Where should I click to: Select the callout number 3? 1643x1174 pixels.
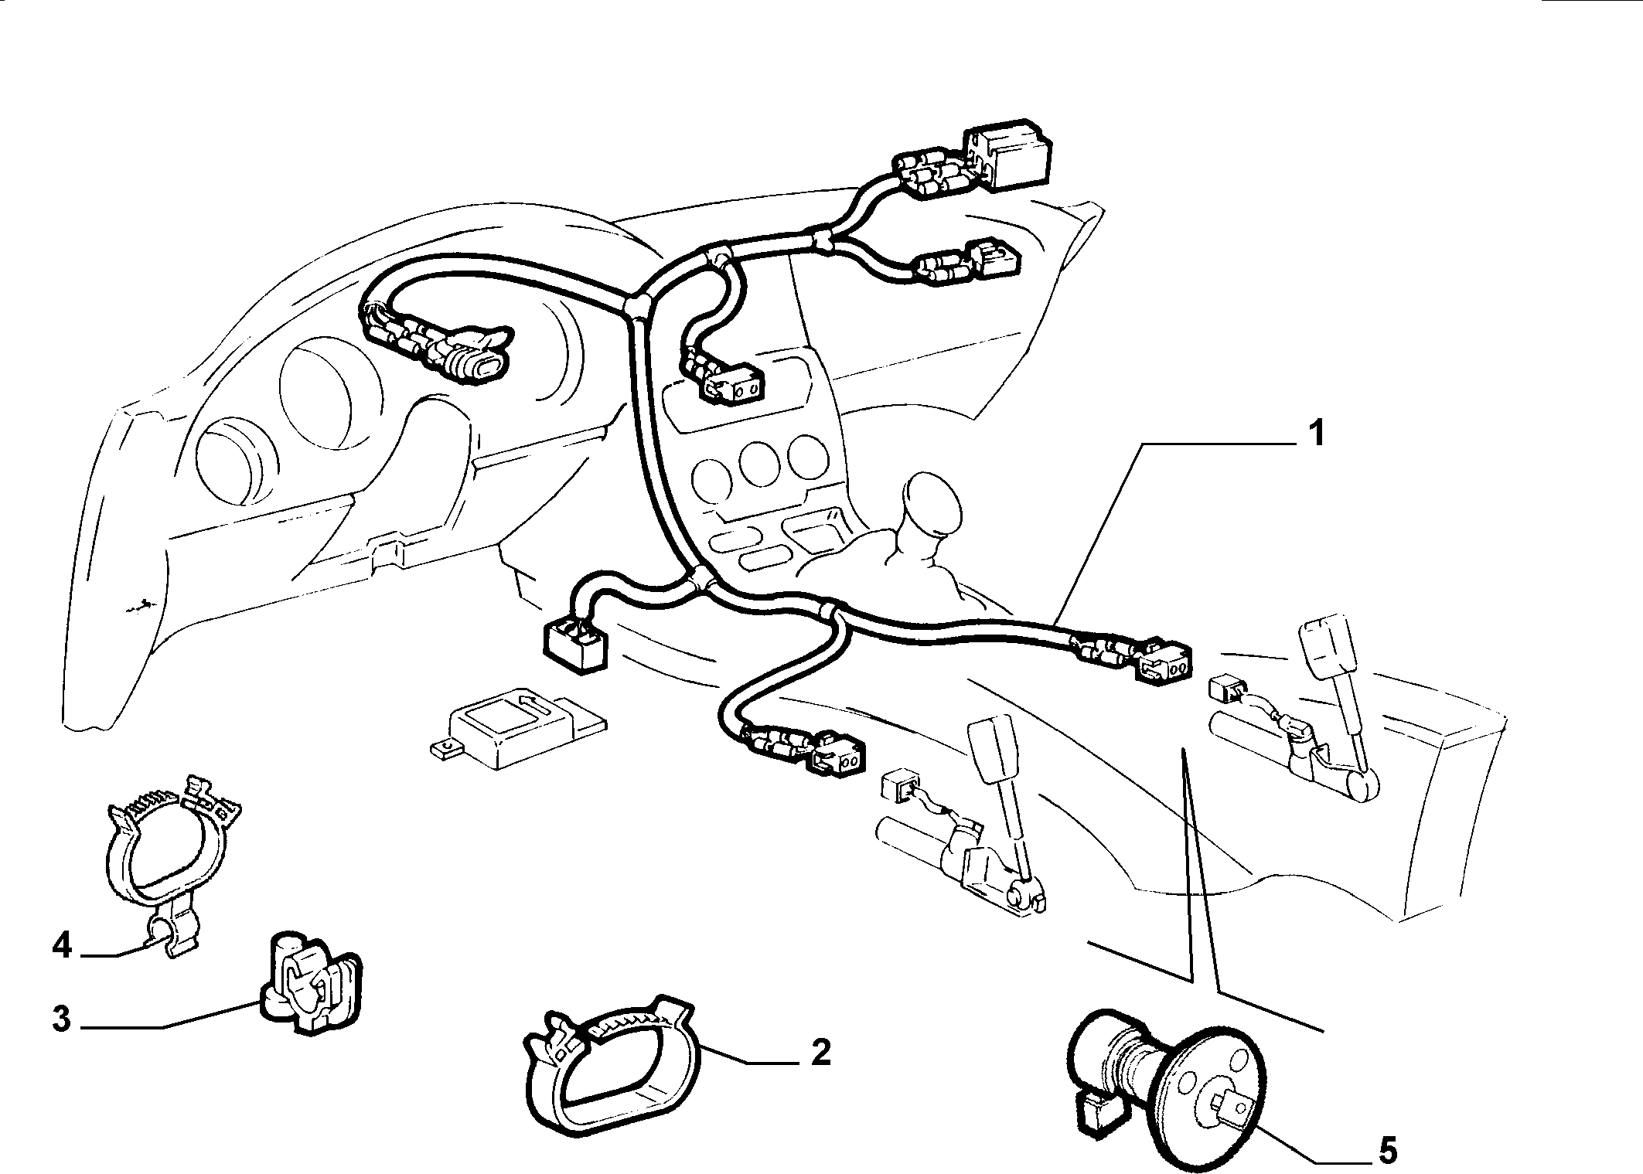(x=63, y=1019)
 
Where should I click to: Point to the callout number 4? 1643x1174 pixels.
(x=62, y=946)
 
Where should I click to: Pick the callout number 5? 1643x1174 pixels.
(x=1388, y=1153)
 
